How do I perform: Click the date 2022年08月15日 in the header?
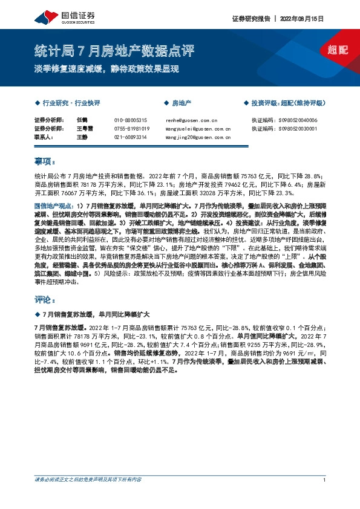pos(303,19)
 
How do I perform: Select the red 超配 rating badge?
pos(338,50)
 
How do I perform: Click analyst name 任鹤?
pos(82,120)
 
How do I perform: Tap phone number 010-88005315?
pos(130,120)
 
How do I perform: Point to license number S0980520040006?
pos(300,120)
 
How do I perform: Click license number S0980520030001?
pos(300,129)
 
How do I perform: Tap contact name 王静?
pos(82,137)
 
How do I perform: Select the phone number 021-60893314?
pos(130,137)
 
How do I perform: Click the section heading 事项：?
pos(45,161)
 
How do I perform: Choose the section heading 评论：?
pos(45,299)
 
